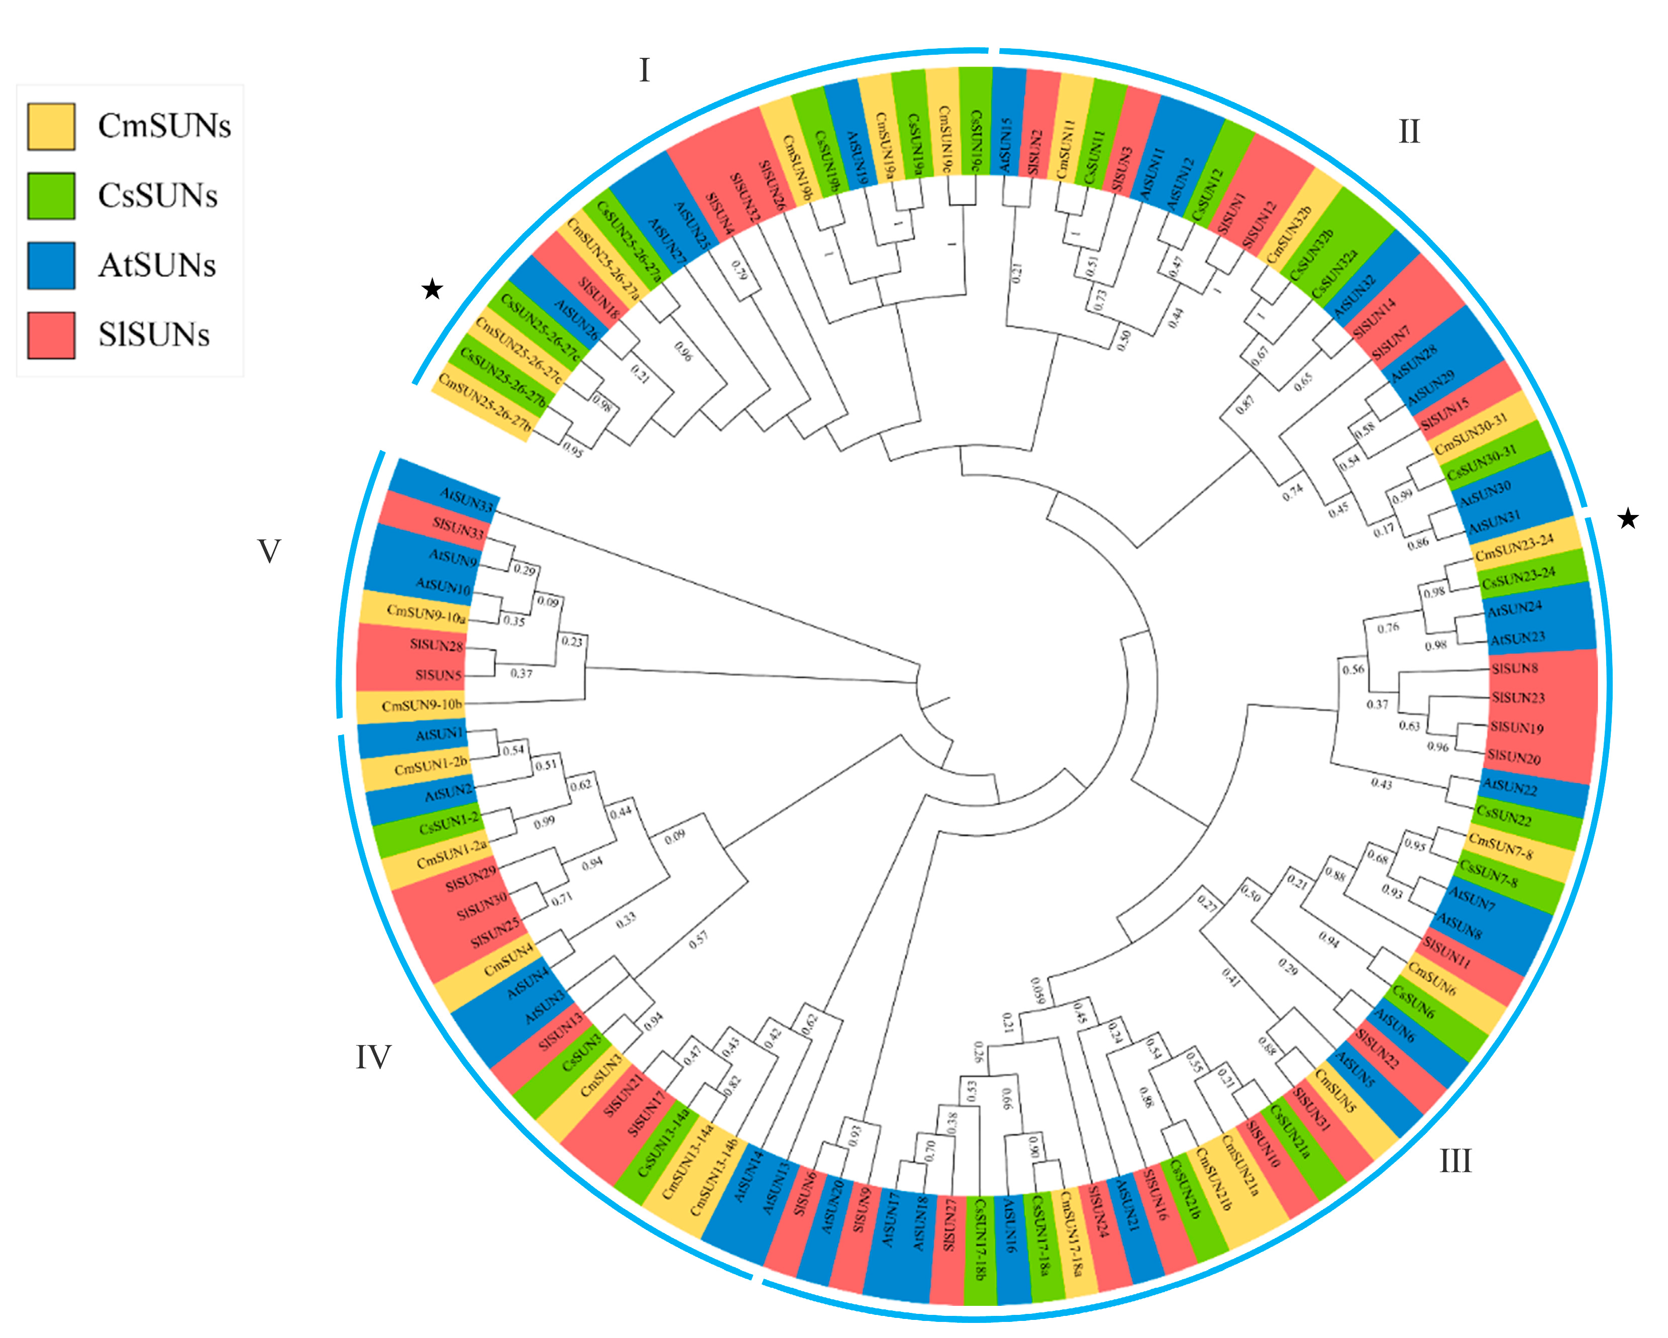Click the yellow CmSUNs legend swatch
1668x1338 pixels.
[x=51, y=126]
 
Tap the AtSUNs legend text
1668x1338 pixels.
[x=157, y=265]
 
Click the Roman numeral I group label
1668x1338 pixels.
[x=645, y=70]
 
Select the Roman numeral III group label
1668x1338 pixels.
[x=1455, y=1161]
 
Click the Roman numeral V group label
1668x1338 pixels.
[x=268, y=552]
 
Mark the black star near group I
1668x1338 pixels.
[x=432, y=290]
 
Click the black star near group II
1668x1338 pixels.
[x=1628, y=519]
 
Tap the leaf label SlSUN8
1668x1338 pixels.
[x=1514, y=668]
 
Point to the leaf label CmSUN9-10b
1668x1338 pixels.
[x=421, y=705]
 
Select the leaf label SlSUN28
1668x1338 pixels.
[x=436, y=645]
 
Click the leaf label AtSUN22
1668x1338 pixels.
[x=1509, y=787]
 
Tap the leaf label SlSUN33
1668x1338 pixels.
[x=459, y=529]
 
